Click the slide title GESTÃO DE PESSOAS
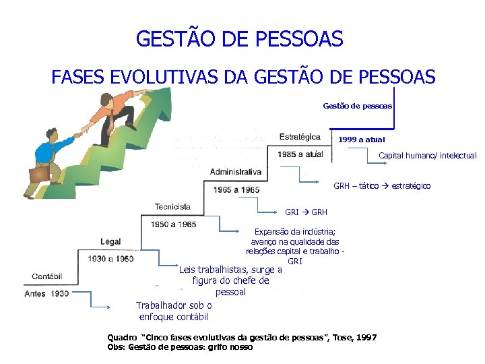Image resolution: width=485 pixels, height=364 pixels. tap(239, 38)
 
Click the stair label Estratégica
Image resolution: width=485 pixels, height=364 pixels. tap(300, 137)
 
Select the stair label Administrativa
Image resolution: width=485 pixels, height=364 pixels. tap(235, 172)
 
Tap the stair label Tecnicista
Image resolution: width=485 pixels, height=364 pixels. tap(172, 206)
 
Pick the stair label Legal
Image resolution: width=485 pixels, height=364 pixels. tap(110, 241)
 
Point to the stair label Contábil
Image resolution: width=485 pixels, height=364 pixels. tap(47, 276)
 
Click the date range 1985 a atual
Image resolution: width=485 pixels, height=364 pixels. tap(300, 154)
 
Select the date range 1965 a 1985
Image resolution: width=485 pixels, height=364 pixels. tap(236, 189)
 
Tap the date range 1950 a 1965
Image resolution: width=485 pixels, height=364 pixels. tap(174, 224)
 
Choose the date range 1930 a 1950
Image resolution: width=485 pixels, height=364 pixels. tap(110, 259)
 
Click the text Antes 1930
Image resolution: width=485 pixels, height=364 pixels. tap(46, 294)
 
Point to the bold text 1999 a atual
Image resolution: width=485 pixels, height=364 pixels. tap(362, 140)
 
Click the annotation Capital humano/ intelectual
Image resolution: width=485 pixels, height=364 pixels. tap(427, 156)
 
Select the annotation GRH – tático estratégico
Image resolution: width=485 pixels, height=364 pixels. tap(382, 186)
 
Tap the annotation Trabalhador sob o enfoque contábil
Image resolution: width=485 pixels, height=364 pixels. tap(174, 311)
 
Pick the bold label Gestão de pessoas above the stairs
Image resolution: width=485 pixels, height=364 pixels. tap(357, 106)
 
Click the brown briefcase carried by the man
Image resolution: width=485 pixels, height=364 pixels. tap(38, 174)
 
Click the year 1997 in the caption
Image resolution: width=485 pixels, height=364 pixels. tap(367, 337)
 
